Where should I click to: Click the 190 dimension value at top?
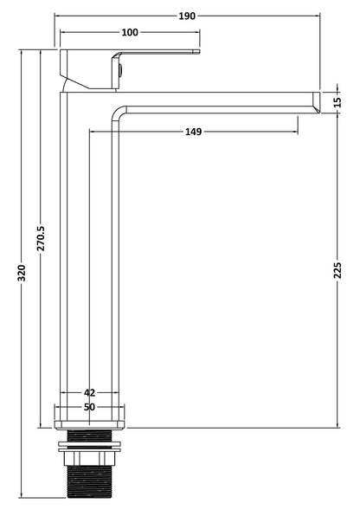188,16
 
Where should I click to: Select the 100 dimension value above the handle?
130,32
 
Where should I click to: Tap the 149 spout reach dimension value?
193,132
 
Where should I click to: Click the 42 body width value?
90,392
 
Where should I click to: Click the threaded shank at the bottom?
90,481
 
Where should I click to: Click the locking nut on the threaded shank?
90,450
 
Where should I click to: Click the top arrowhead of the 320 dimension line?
22,52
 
